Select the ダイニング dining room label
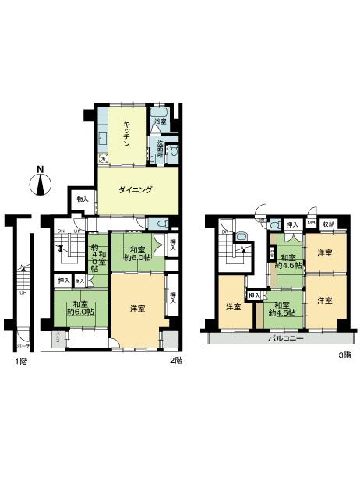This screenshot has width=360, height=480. (135, 190)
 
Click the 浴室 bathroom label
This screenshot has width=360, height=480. (159, 122)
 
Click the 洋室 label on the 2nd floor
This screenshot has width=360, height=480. (137, 309)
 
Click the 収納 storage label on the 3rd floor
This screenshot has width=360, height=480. (330, 224)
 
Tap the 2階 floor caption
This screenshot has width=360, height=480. (176, 361)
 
